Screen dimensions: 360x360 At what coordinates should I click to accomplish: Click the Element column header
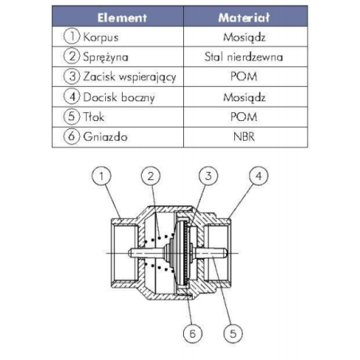click(122, 18)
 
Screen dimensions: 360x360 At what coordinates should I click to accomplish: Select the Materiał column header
click(244, 18)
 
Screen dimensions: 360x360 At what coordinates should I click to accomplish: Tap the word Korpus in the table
click(100, 37)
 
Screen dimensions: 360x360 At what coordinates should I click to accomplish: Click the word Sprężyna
click(105, 57)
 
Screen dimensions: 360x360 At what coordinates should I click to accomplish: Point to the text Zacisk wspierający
click(130, 77)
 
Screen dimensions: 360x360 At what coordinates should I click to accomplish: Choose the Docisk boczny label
click(119, 97)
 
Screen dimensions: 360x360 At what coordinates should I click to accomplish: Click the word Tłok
click(93, 117)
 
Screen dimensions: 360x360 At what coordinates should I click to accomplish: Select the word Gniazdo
click(105, 137)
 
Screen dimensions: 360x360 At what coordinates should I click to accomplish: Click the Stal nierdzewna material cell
click(244, 57)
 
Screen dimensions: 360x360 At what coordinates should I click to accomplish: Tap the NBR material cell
click(244, 137)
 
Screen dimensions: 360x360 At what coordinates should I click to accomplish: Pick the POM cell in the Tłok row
click(244, 117)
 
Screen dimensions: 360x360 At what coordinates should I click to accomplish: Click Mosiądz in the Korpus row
click(245, 37)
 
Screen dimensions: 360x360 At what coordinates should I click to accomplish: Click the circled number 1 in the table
click(72, 36)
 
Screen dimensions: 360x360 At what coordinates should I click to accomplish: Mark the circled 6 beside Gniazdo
click(72, 136)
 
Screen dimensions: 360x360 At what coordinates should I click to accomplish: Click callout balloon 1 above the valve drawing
click(101, 176)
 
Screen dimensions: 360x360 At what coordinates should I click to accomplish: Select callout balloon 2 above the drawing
click(151, 176)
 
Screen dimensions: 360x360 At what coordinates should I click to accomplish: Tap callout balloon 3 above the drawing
click(209, 176)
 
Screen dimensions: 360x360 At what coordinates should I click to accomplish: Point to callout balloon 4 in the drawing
click(259, 176)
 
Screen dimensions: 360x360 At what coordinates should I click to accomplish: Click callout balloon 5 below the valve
click(233, 334)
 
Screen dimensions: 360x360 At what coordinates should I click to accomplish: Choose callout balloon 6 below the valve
click(193, 334)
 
